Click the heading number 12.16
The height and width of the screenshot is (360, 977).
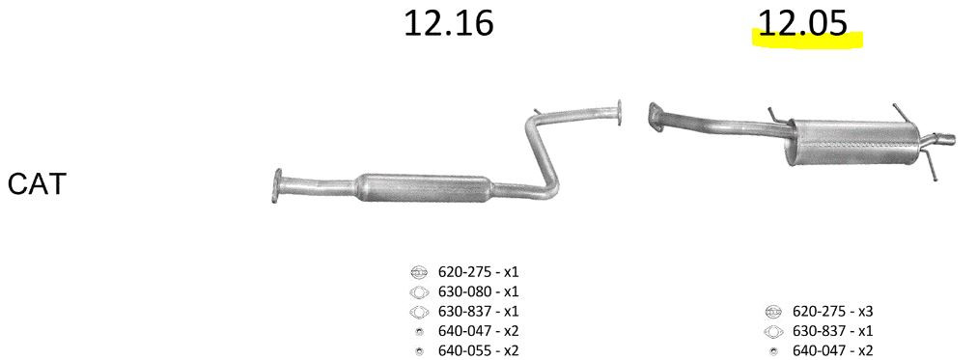click(x=449, y=23)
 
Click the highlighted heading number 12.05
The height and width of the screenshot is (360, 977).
click(x=803, y=23)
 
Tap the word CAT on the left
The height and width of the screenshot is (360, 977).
click(x=37, y=185)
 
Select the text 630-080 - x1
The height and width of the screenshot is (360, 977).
click(x=478, y=291)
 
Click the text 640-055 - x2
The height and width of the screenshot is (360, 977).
click(x=478, y=350)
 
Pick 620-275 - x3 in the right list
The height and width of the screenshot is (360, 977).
click(x=832, y=311)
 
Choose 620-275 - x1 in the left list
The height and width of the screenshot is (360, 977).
click(x=478, y=272)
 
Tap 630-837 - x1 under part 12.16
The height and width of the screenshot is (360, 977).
click(x=478, y=311)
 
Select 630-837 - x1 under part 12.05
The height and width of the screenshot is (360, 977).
click(x=832, y=331)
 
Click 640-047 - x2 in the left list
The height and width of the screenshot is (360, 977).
click(x=478, y=331)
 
